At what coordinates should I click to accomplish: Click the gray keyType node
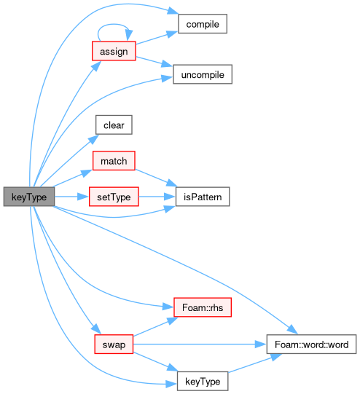29,197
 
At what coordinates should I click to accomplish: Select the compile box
203,24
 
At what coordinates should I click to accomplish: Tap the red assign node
114,51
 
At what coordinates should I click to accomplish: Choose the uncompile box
203,74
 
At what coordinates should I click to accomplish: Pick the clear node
114,125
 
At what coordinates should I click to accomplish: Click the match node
114,161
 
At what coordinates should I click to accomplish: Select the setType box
114,197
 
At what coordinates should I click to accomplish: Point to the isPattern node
203,197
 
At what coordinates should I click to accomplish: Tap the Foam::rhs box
203,307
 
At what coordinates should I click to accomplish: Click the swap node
114,344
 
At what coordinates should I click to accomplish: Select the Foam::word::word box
311,344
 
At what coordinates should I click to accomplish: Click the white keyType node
203,381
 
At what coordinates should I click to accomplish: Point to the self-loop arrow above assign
114,24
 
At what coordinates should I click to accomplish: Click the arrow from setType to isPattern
157,197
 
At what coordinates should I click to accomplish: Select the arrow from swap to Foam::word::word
200,344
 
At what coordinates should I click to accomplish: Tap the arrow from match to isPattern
157,178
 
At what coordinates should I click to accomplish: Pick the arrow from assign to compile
157,38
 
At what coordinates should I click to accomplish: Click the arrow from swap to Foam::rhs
156,327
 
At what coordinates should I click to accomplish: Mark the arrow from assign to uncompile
154,62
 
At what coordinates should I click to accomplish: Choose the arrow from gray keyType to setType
72,197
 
